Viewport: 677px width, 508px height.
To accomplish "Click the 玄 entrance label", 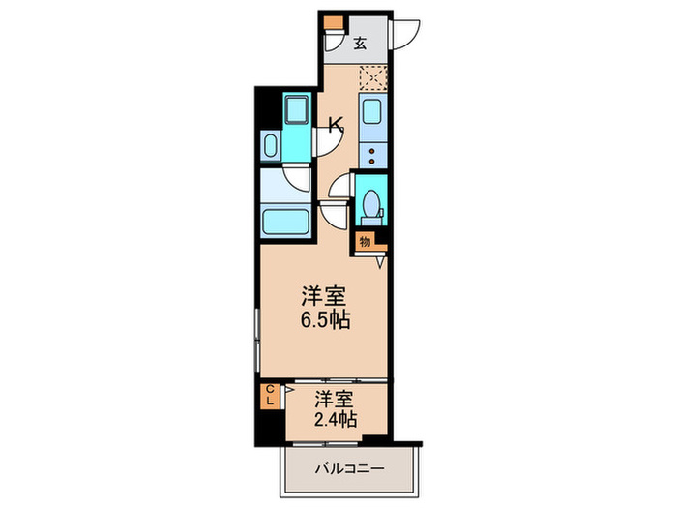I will tap(360, 43).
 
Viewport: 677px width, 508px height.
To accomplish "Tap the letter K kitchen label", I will tap(336, 124).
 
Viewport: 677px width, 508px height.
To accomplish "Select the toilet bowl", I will tap(369, 206).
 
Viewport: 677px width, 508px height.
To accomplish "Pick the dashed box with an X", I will tap(372, 78).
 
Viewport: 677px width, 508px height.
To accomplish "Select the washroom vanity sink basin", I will tap(271, 147).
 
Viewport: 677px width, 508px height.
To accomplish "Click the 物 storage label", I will tap(365, 241).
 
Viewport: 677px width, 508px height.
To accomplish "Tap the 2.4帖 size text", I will tap(336, 419).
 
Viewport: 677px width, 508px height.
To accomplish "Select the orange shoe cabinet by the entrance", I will tap(333, 23).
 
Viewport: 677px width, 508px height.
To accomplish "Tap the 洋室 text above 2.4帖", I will tap(336, 397).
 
